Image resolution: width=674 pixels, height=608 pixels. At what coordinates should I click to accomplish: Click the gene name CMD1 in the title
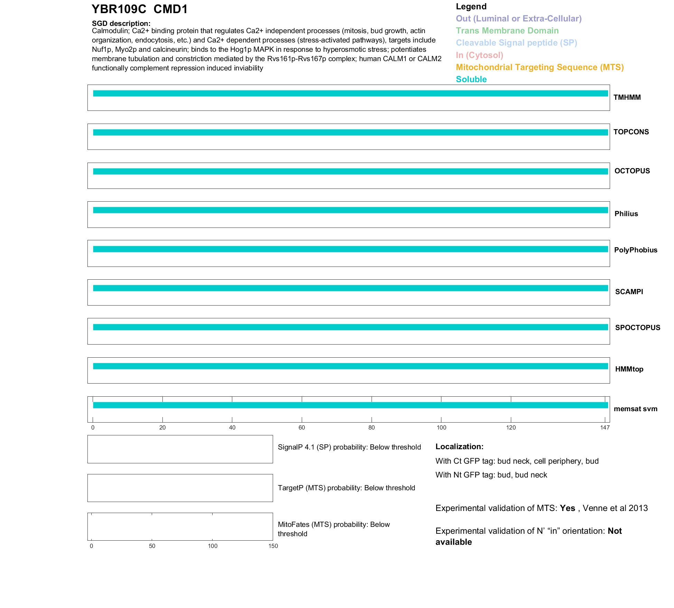170,9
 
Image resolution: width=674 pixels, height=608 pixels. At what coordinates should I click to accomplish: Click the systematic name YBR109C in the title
119,9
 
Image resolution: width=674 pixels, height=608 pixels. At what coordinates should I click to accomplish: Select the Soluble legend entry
471,79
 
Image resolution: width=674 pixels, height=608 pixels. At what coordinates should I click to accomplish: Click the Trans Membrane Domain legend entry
507,31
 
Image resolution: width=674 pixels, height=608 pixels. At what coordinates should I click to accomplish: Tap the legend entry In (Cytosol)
479,55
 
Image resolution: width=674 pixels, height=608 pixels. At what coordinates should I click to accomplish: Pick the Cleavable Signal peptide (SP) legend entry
516,43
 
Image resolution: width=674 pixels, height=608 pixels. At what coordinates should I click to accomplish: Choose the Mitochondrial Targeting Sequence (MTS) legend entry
540,67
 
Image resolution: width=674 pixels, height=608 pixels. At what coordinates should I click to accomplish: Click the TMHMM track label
627,98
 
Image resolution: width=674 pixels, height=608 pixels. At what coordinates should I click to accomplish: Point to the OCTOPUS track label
632,171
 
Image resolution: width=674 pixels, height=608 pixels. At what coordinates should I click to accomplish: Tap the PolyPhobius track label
636,250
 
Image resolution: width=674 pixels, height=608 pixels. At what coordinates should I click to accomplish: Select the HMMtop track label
629,369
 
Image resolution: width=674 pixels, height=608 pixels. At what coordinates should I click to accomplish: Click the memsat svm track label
635,409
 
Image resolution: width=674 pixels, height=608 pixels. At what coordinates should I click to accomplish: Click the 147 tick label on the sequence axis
605,428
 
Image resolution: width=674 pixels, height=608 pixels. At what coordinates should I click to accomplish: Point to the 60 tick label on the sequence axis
302,428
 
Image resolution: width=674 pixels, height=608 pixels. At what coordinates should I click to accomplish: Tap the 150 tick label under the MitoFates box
273,546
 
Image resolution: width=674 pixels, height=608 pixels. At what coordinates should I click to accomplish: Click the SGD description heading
121,23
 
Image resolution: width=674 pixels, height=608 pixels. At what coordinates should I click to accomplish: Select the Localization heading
459,447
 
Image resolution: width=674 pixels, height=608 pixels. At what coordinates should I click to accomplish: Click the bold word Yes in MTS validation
568,508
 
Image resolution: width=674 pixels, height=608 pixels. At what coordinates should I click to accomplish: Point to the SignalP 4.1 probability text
349,447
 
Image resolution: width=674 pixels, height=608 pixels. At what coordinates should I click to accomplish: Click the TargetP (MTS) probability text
346,488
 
